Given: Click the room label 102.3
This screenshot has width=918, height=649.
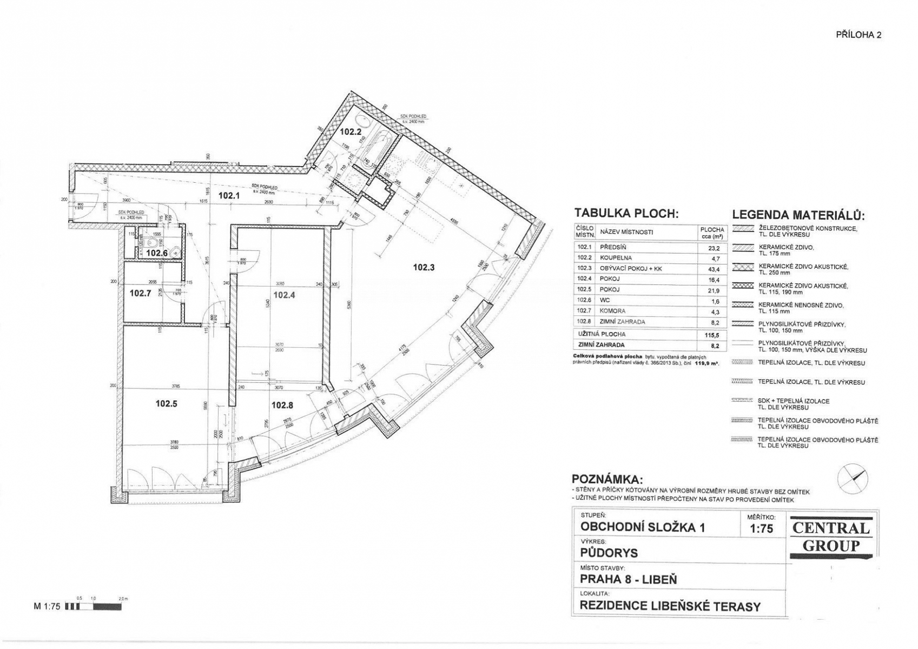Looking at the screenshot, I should [424, 267].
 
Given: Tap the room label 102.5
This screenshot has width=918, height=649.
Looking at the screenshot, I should [167, 403].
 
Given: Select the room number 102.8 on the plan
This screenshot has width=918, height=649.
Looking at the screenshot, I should [282, 405].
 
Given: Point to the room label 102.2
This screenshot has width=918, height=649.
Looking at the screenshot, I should [351, 131].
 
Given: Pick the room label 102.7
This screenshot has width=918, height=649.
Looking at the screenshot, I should [141, 294].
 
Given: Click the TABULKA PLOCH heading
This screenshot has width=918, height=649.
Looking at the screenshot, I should [626, 214].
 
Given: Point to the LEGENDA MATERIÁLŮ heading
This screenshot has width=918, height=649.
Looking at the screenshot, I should [798, 215].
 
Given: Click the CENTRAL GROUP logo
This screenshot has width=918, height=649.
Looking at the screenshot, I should [831, 537].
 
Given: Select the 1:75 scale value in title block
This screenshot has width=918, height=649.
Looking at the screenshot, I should [762, 529].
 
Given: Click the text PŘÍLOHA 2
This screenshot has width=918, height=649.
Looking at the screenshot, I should [858, 35].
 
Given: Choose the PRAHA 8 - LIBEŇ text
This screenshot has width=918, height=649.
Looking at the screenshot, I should [628, 579].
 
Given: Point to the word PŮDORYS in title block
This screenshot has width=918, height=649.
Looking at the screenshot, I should [609, 553].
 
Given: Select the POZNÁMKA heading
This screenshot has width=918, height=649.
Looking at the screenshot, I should [607, 480].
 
